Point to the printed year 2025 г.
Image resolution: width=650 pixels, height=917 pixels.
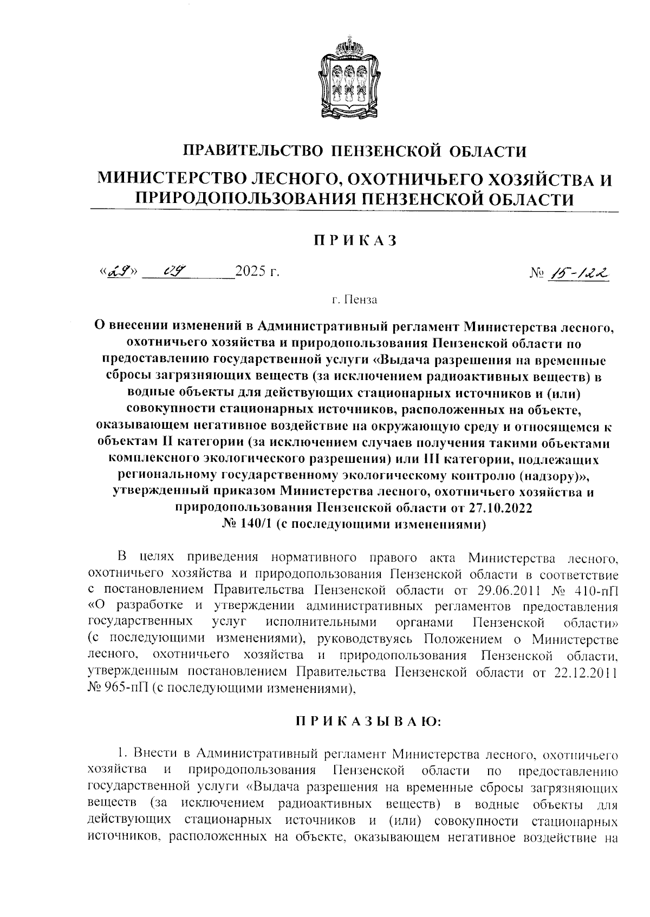tap(257, 272)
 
